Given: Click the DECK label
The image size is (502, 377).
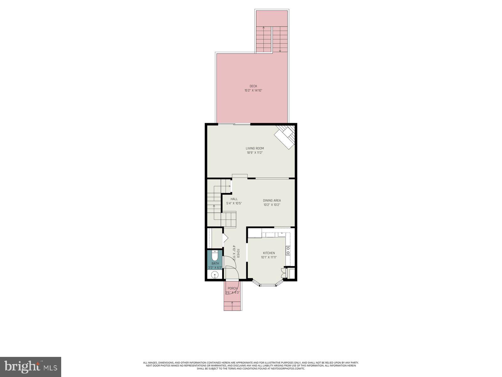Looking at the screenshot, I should click(253, 86).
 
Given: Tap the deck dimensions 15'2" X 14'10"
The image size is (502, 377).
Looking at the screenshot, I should click(253, 90).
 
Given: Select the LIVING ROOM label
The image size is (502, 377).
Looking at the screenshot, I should click(254, 148).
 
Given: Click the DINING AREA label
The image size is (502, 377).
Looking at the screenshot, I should click(272, 200).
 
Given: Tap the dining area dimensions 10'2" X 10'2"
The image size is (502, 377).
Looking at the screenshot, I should click(272, 205).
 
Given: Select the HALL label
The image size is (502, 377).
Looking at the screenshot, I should click(234, 199).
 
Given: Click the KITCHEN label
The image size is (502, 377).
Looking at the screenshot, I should click(269, 253).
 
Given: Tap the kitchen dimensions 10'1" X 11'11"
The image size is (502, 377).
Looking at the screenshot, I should click(269, 257).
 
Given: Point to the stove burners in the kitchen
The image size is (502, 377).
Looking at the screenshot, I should click(288, 250).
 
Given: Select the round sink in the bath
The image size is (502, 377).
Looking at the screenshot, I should click(215, 276).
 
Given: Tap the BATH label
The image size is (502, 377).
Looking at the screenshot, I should click(215, 264).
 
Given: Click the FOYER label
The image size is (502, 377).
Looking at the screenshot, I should click(238, 254).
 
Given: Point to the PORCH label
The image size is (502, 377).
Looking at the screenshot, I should click(232, 288).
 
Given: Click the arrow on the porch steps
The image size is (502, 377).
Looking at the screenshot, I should click(232, 303).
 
